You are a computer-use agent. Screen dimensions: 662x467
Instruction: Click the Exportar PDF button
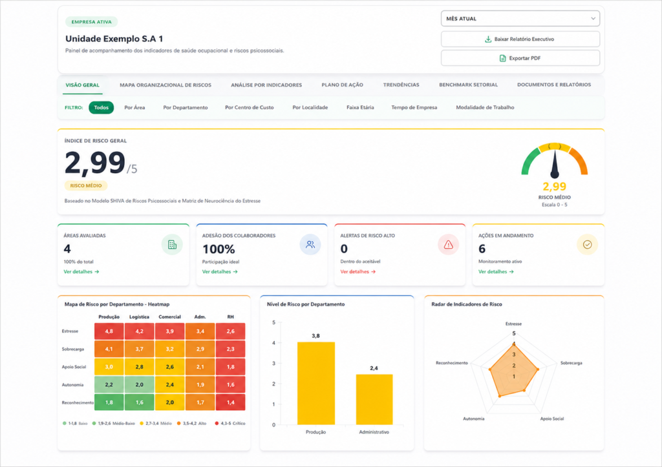pyautogui.click(x=520, y=58)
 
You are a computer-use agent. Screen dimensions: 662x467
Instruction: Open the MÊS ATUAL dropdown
pyautogui.click(x=520, y=19)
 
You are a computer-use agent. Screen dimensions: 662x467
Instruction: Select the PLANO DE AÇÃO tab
pyautogui.click(x=342, y=85)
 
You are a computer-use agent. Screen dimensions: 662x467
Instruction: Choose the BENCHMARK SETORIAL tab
pyautogui.click(x=468, y=85)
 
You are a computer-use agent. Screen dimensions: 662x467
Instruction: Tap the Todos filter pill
pyautogui.click(x=101, y=108)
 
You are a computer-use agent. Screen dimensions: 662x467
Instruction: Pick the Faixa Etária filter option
pyautogui.click(x=360, y=108)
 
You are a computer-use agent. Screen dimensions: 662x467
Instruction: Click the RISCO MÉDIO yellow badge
pyautogui.click(x=86, y=185)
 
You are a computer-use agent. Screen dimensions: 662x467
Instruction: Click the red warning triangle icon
pyautogui.click(x=449, y=245)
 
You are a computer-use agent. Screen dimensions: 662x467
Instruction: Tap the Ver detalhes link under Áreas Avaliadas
pyautogui.click(x=81, y=272)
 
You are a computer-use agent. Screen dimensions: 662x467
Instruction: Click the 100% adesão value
pyautogui.click(x=219, y=249)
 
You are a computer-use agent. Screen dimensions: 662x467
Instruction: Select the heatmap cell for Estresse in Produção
pyautogui.click(x=109, y=331)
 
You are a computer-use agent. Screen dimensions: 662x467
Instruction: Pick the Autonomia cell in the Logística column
pyautogui.click(x=140, y=385)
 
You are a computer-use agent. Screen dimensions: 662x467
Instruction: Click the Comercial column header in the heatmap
pyautogui.click(x=170, y=317)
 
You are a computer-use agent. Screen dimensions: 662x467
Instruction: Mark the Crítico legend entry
pyautogui.click(x=230, y=423)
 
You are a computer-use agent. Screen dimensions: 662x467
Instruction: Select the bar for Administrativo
pyautogui.click(x=374, y=400)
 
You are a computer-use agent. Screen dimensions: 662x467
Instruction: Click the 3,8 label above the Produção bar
pyautogui.click(x=315, y=336)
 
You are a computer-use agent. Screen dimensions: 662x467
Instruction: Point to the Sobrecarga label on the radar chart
pyautogui.click(x=571, y=363)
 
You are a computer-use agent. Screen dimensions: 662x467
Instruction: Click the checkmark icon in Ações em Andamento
pyautogui.click(x=587, y=245)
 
